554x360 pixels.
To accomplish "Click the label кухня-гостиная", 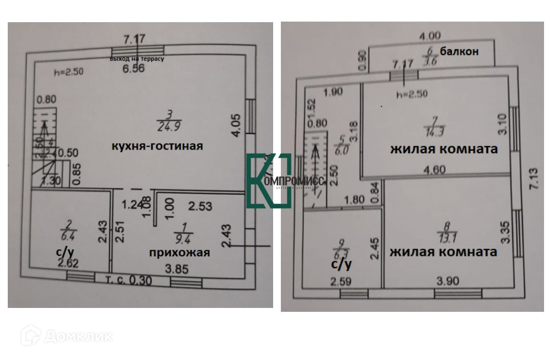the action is coord(157,146).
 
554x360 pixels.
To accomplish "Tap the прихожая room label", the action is coord(179,253).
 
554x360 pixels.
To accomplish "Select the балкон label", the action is coord(459,51).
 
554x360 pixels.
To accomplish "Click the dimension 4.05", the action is coord(235,125).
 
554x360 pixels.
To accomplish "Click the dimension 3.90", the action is coord(448,281).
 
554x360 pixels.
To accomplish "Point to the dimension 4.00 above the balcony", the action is coord(430,37).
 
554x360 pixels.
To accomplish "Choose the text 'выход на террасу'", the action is coord(137,58).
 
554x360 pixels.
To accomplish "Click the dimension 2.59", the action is coord(342,281).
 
